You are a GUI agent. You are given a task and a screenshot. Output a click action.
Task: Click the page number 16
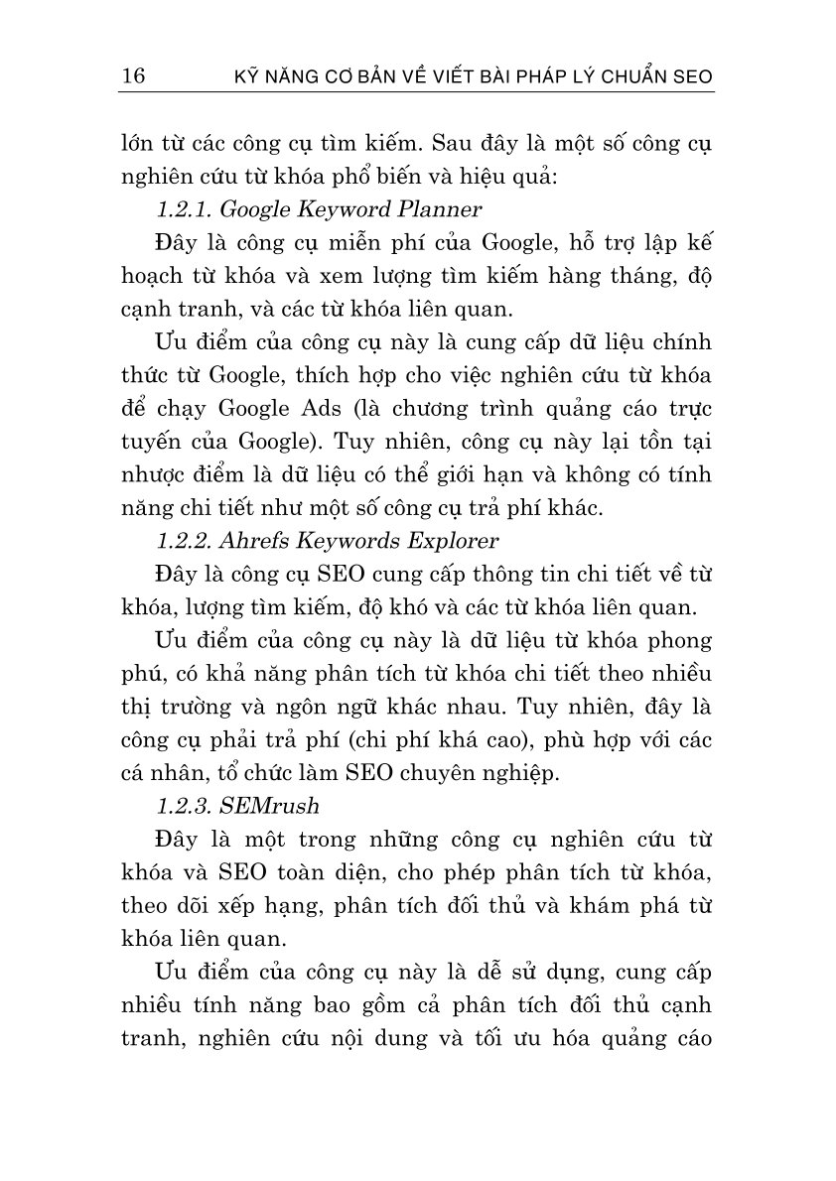pyautogui.click(x=132, y=76)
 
